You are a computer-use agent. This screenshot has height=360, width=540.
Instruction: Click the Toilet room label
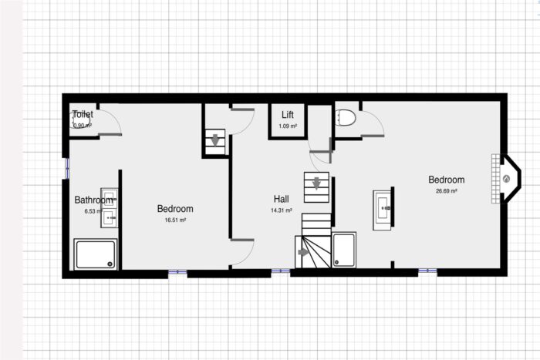83,114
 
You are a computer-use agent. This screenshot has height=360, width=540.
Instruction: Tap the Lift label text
287,115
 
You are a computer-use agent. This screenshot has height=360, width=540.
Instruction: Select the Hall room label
281,198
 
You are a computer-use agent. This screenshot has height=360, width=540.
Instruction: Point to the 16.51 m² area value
175,220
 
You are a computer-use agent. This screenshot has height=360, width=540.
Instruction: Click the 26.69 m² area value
446,191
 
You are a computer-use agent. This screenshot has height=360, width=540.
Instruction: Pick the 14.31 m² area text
281,210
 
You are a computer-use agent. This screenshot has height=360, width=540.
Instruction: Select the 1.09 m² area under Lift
287,126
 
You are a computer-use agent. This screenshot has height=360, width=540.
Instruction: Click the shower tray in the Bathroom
96,254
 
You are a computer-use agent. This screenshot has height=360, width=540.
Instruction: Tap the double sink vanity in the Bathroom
110,207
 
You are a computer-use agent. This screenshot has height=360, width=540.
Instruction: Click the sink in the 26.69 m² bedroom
384,207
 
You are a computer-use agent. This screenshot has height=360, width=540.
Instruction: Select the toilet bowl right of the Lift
346,118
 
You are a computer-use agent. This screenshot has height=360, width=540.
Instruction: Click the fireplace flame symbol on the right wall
506,179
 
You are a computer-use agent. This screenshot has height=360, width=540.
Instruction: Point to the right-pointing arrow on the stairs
303,251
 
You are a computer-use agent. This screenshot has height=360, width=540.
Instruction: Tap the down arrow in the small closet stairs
214,140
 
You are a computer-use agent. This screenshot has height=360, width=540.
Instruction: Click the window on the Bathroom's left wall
66,167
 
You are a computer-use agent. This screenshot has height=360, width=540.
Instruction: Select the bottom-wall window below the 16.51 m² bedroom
177,272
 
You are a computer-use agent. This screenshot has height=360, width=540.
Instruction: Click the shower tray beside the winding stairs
343,250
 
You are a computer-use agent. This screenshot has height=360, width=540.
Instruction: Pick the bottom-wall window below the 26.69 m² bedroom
427,272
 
